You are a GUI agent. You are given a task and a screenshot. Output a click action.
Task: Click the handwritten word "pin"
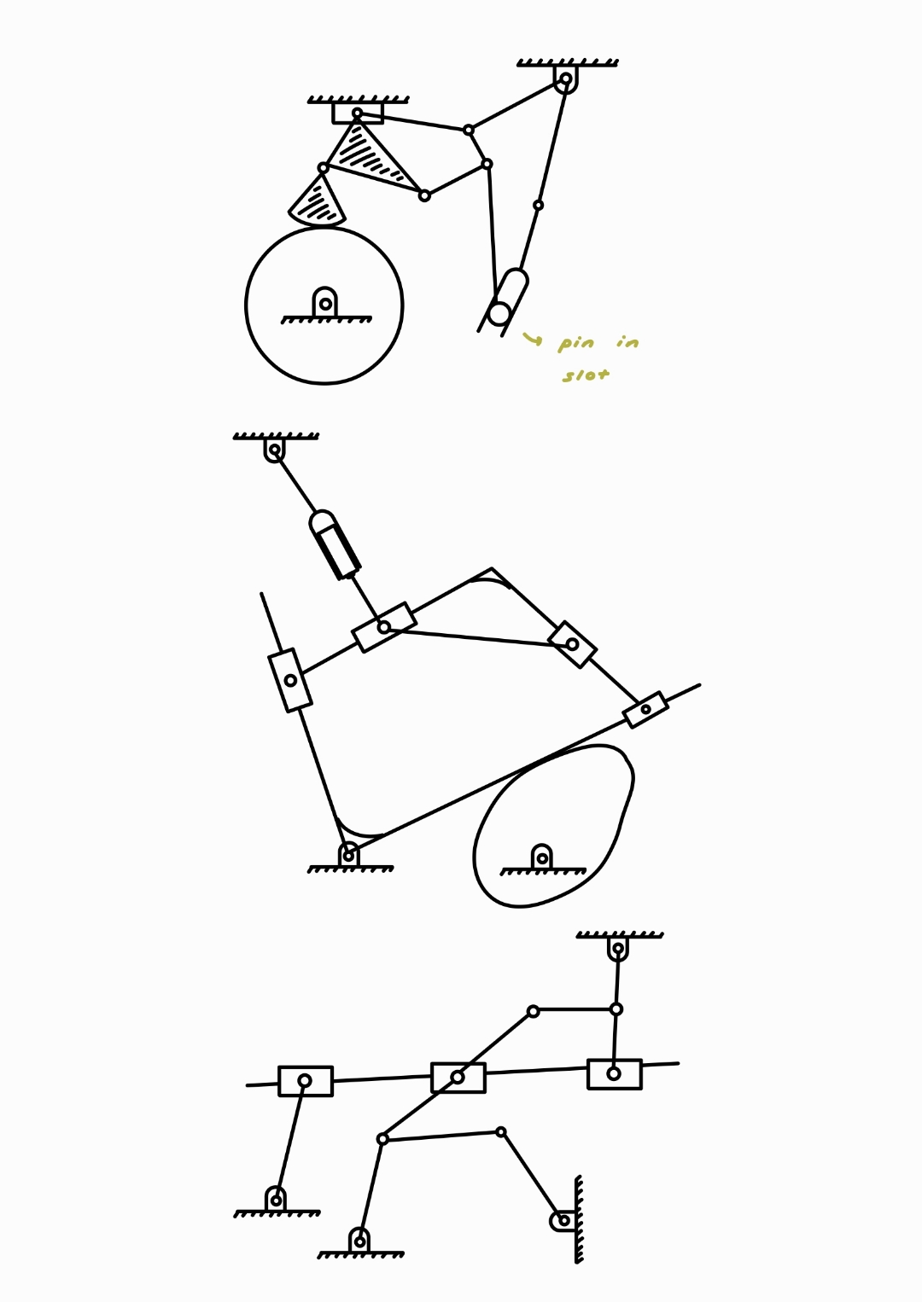pos(576,343)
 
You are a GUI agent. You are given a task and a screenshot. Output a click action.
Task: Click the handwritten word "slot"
pos(586,375)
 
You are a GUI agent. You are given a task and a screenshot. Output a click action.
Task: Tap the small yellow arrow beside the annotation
pos(532,340)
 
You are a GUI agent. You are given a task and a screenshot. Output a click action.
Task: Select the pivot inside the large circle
pos(325,304)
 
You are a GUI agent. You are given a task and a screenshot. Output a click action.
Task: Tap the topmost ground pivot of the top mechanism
pos(565,78)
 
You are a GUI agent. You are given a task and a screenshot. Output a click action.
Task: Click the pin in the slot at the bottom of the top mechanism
pos(499,314)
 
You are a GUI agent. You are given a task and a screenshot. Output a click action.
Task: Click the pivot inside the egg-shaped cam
pos(541,857)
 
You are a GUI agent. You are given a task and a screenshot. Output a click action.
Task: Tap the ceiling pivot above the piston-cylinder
pos(274,449)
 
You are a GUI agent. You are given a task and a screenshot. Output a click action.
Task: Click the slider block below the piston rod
pos(384,627)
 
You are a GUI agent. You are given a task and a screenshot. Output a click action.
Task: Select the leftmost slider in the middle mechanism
pos(290,680)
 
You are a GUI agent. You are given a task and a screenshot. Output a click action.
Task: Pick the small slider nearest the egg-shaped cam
pos(645,709)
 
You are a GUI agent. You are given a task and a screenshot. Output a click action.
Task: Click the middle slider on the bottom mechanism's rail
pos(458,1078)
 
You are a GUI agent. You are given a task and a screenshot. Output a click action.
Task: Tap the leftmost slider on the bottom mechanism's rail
pos(305,1081)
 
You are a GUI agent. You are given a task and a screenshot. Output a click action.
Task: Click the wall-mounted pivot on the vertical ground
pos(563,1220)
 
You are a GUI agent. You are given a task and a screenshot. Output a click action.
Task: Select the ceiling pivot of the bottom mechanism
pos(618,948)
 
